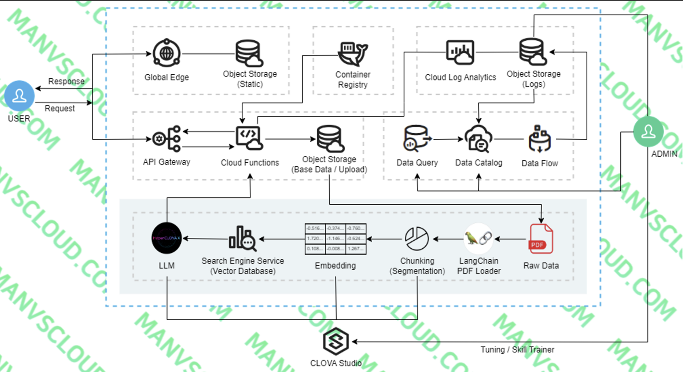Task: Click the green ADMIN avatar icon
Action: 648,131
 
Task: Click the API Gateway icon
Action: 166,139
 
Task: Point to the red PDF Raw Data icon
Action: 541,239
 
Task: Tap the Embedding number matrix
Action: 335,239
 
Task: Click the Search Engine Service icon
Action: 243,239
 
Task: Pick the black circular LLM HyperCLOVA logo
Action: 167,239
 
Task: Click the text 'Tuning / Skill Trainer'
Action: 517,350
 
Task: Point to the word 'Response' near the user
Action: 66,82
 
